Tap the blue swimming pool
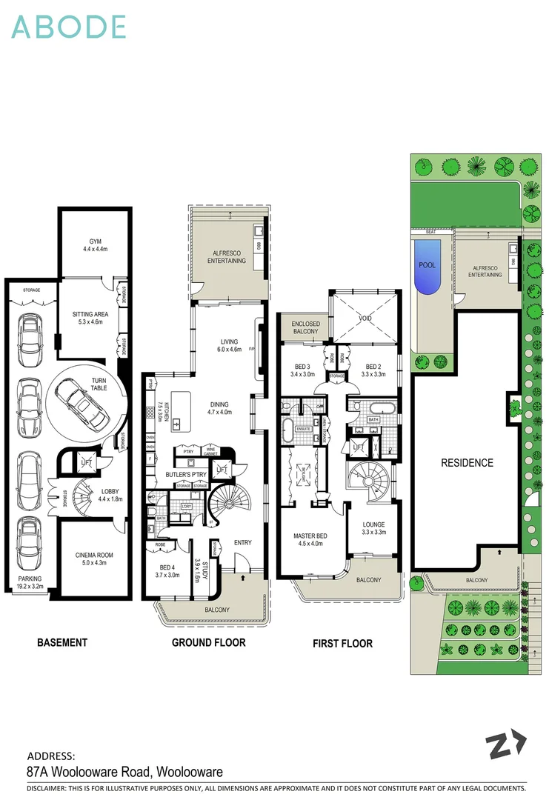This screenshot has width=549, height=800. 427,266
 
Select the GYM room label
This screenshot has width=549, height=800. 95,245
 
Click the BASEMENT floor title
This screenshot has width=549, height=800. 62,642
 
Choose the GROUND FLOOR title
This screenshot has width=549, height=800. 208,642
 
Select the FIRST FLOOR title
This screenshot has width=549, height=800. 342,643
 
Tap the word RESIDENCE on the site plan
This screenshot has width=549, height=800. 467,463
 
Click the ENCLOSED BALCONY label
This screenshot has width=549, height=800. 305,327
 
